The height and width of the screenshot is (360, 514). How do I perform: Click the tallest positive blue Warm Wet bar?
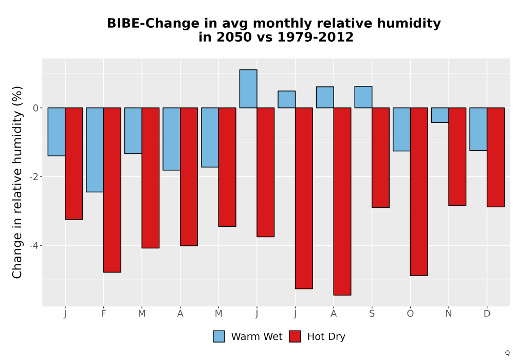(248, 88)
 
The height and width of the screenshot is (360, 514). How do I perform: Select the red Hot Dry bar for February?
(112, 190)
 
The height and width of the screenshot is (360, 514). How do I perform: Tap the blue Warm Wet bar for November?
(440, 115)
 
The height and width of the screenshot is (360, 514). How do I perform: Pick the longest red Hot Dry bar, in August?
(342, 201)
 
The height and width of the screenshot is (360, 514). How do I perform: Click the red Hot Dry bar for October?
(419, 191)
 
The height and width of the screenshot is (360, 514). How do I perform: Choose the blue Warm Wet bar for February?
(95, 150)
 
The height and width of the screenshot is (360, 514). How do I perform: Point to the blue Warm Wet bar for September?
(363, 97)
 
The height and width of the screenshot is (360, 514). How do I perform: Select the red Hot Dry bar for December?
(495, 157)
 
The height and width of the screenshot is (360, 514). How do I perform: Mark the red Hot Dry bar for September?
(380, 157)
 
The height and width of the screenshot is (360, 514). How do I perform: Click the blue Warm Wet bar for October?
(401, 129)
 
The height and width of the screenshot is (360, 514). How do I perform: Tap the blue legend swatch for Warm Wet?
(219, 336)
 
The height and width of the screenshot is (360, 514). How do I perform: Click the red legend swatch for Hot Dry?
(295, 336)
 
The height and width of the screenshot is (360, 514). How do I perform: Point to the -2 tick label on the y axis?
(34, 177)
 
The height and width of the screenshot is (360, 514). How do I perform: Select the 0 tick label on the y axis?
(36, 108)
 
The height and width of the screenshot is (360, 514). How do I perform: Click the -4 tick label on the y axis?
(34, 246)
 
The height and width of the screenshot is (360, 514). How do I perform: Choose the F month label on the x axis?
(104, 314)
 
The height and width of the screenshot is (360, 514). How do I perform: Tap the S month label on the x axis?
(372, 314)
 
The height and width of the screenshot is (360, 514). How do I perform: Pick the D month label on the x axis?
(487, 314)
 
